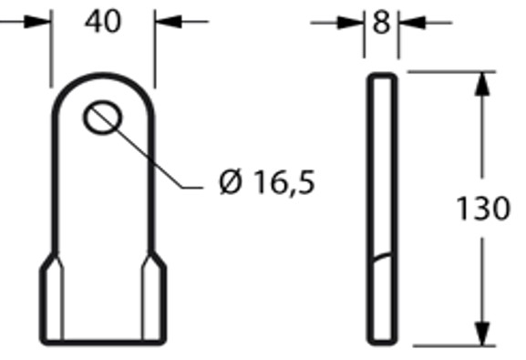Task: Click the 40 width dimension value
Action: (103, 21)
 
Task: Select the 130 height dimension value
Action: (482, 209)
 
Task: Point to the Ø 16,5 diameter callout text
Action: (267, 182)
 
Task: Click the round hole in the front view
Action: (102, 118)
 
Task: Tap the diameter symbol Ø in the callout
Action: (231, 182)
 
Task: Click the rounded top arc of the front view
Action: (102, 77)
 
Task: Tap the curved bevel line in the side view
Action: (383, 256)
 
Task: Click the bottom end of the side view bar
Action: (383, 343)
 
